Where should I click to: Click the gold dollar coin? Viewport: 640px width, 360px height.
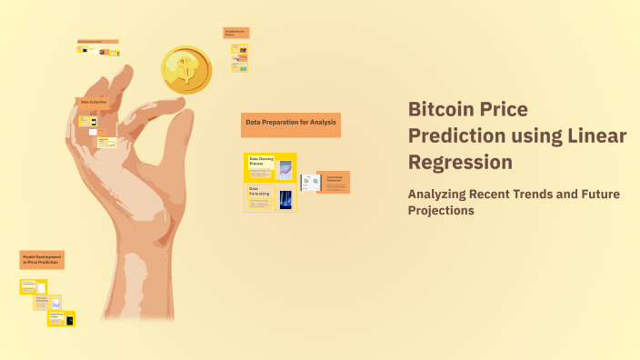(186, 70)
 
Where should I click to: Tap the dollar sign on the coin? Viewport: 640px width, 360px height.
(187, 67)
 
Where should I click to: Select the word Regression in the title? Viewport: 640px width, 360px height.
(460, 162)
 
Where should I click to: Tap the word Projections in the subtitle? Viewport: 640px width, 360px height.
(441, 210)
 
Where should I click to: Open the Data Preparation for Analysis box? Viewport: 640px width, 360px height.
(291, 124)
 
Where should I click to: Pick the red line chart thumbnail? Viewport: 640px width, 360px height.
(285, 168)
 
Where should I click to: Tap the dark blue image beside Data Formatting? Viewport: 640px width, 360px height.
(285, 199)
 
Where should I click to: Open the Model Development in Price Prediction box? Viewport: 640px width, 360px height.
(42, 259)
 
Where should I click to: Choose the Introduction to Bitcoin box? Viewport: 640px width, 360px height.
(235, 33)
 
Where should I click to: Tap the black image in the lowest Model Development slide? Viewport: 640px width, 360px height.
(69, 318)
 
